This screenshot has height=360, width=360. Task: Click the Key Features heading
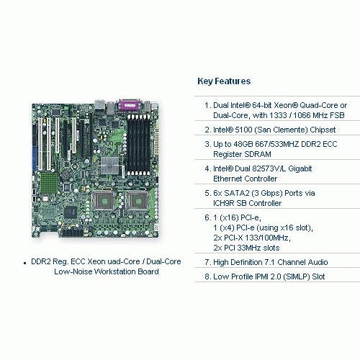(x=224, y=81)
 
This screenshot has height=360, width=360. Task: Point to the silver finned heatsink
(x=110, y=165)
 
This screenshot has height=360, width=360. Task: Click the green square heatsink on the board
(x=49, y=182)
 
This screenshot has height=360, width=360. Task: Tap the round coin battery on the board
(x=65, y=174)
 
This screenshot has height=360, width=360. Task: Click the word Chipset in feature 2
(x=323, y=130)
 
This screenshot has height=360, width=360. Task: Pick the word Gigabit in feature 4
(x=300, y=169)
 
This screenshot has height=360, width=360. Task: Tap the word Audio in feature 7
(x=318, y=262)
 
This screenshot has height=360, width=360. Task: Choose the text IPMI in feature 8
(x=261, y=276)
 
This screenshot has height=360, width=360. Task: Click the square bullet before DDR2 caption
(x=24, y=263)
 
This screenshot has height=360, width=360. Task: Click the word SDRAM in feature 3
(x=259, y=154)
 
